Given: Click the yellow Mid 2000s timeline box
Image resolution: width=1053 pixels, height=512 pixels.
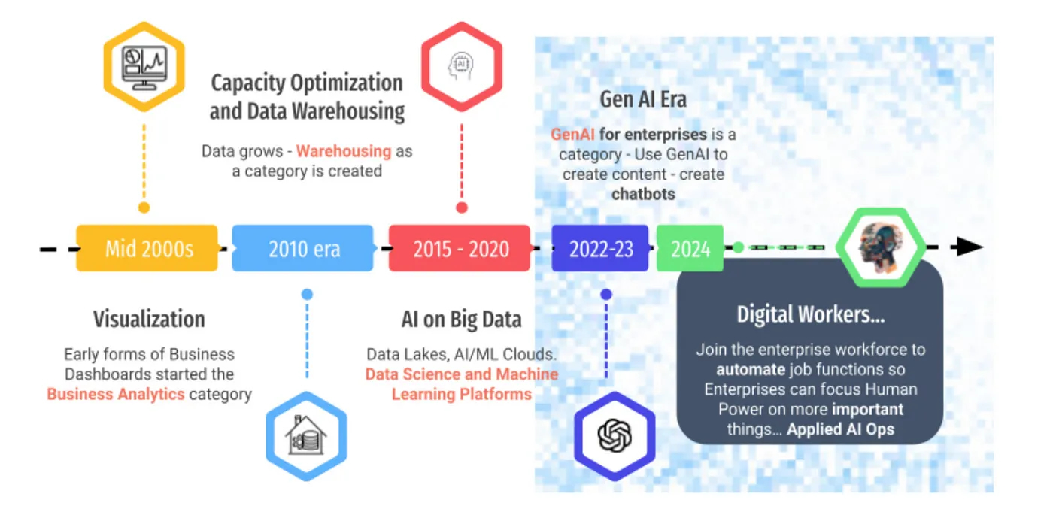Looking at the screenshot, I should (x=147, y=248).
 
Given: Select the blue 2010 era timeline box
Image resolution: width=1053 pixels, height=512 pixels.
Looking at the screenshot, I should (x=303, y=248).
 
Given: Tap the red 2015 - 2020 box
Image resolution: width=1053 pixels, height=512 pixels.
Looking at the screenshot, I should (x=460, y=248).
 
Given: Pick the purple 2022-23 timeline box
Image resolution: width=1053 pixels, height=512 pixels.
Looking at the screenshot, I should (x=600, y=248).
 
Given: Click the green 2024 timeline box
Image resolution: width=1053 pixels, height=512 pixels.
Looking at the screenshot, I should (x=690, y=248).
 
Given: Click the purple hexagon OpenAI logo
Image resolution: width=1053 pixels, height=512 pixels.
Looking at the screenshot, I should (x=615, y=435).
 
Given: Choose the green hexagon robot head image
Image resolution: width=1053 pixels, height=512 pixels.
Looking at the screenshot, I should (x=882, y=247).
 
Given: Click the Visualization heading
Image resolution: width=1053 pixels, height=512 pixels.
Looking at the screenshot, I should (x=149, y=319).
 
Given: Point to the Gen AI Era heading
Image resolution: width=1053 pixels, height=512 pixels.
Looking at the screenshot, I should (x=643, y=99).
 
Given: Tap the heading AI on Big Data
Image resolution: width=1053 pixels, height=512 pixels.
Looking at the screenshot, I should (x=461, y=319).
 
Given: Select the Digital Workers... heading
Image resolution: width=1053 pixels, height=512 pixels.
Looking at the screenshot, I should (x=810, y=314).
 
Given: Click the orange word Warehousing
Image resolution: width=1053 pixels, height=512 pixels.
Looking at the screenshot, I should (x=344, y=151).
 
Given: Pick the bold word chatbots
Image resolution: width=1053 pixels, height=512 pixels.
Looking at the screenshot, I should (x=643, y=194).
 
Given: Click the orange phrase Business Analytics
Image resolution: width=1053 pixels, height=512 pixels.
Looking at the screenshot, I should (x=115, y=394).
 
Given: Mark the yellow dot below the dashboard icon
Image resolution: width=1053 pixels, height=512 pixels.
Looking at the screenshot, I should (x=144, y=208).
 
